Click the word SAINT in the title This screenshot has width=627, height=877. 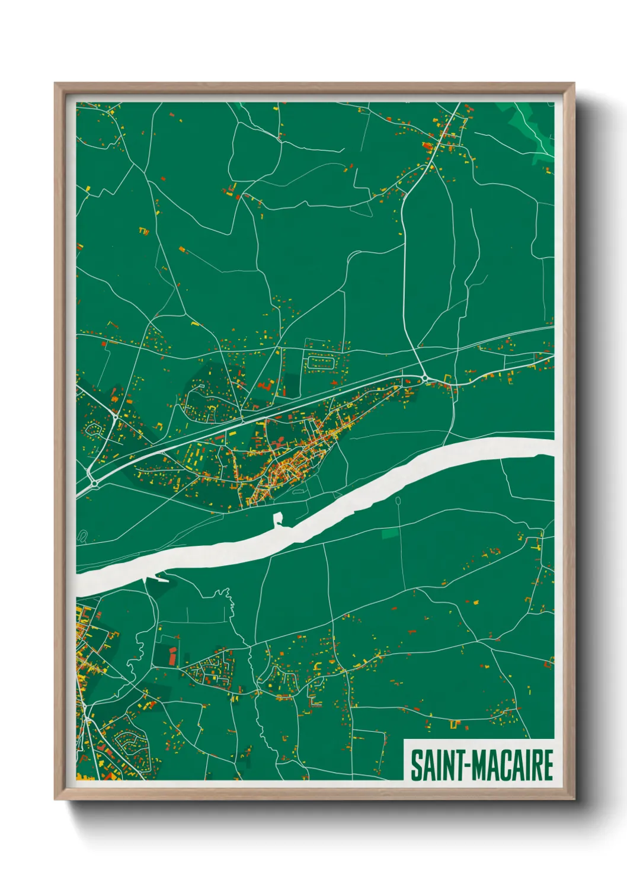point(437,766)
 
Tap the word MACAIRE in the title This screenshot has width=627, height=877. point(512,766)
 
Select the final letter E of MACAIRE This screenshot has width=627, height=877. point(548,766)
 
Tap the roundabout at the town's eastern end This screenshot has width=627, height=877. point(425,377)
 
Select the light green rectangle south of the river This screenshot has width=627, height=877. point(390,534)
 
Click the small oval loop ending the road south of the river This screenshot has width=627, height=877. point(397,501)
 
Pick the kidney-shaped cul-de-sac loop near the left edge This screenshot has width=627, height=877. point(93,428)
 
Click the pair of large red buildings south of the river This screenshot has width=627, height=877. point(172,655)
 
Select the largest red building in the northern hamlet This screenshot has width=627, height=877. point(426,146)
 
